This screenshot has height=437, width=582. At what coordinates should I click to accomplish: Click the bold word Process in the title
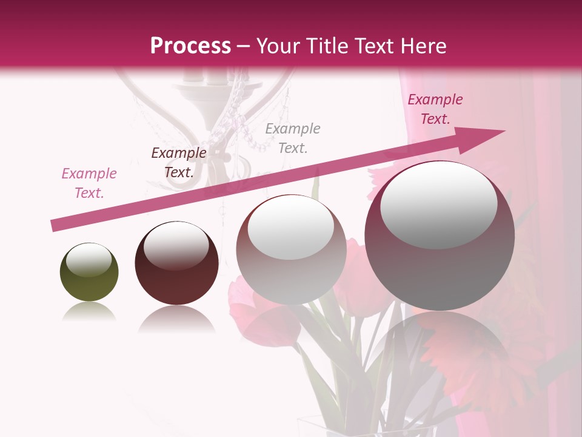pyautogui.click(x=190, y=46)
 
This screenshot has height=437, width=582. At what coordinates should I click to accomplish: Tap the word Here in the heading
pyautogui.click(x=423, y=46)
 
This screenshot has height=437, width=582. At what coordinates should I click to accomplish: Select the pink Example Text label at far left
pyautogui.click(x=89, y=183)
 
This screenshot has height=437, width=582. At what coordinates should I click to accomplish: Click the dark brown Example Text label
pyautogui.click(x=179, y=163)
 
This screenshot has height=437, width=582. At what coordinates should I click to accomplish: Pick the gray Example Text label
pyautogui.click(x=293, y=138)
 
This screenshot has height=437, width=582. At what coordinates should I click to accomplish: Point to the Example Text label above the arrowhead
pyautogui.click(x=435, y=109)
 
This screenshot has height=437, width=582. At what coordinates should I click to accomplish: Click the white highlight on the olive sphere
pyautogui.click(x=89, y=260)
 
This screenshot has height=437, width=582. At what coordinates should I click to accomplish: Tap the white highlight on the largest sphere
pyautogui.click(x=438, y=205)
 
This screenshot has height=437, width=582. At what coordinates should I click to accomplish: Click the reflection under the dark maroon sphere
pyautogui.click(x=176, y=319)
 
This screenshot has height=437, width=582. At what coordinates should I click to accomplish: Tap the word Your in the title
pyautogui.click(x=279, y=46)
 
